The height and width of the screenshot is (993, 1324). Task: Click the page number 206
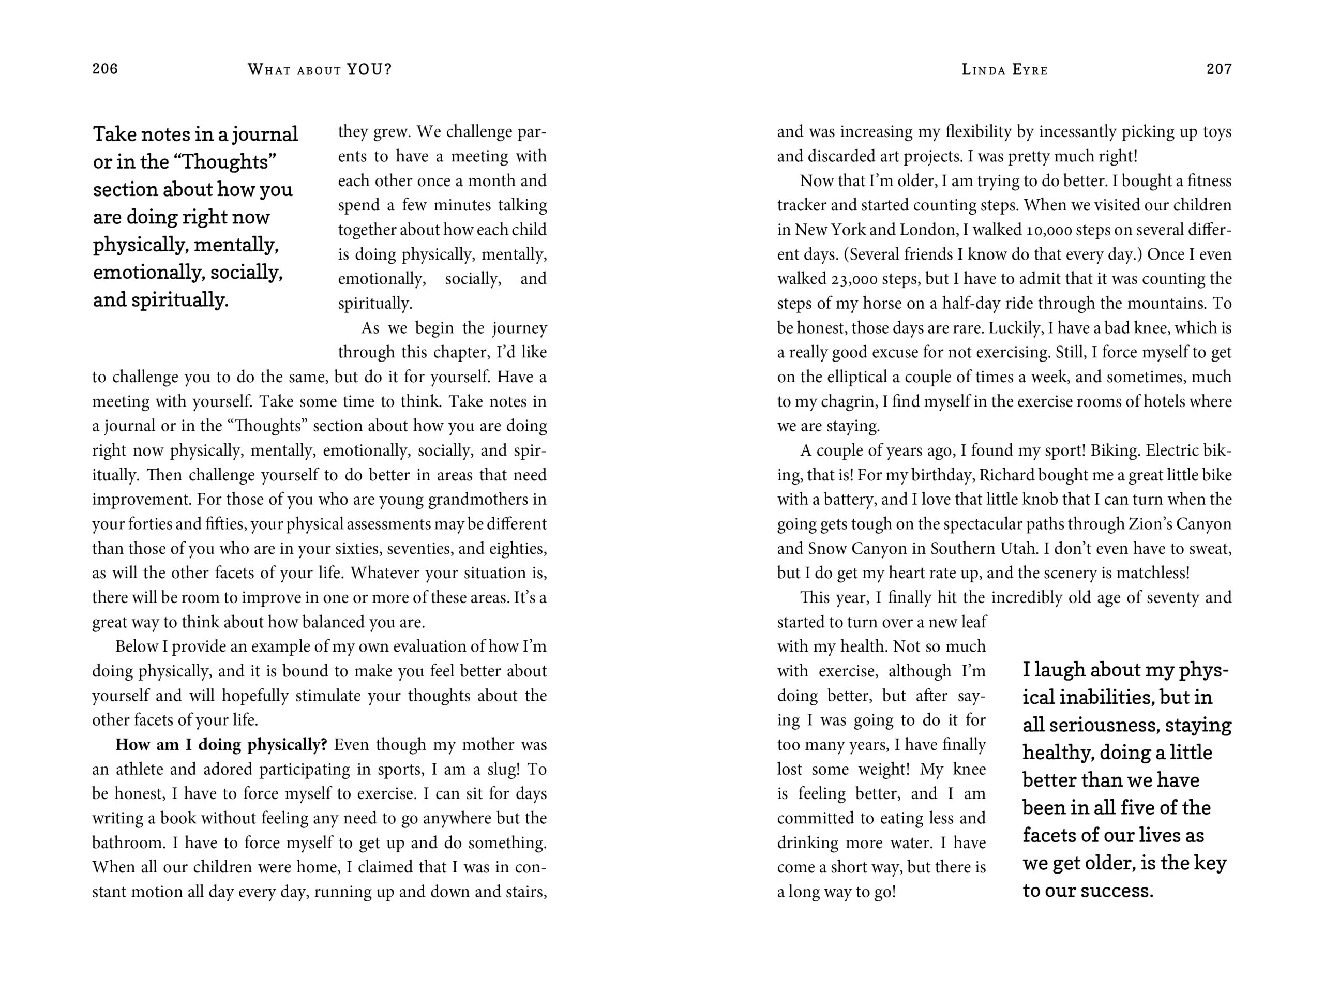105,69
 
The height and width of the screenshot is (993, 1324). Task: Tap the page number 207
1218,69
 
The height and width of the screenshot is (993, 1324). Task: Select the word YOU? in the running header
369,69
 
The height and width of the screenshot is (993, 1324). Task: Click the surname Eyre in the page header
1030,70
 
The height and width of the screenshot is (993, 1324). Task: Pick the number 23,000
855,279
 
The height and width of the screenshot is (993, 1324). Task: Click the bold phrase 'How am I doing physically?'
221,745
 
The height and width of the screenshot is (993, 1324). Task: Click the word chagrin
848,402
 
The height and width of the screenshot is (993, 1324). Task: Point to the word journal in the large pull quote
265,134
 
